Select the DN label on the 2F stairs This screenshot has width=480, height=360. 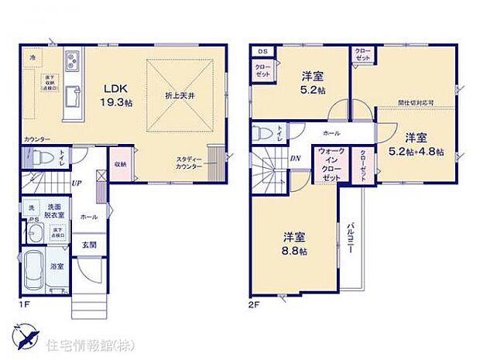(x=295, y=159)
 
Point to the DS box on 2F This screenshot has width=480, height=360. (x=262, y=53)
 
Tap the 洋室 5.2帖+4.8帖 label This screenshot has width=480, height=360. (x=417, y=145)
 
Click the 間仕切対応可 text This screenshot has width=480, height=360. (x=415, y=102)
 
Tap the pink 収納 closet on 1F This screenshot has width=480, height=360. (x=120, y=164)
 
